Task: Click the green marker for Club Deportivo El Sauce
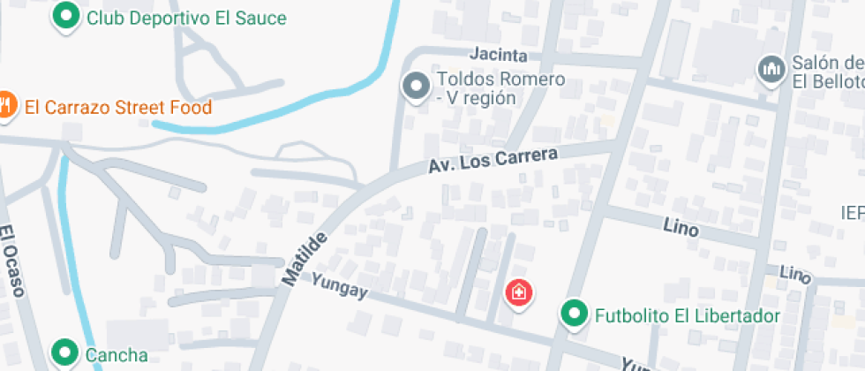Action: pos(64,16)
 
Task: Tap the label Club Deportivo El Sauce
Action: pos(186,18)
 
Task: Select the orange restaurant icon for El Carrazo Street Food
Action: pos(5,105)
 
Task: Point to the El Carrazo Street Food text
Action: pos(118,108)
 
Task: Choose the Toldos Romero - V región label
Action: pos(500,88)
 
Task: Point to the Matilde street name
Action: pos(305,258)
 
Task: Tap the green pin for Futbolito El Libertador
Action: pos(575,314)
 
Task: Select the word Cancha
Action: pos(117,355)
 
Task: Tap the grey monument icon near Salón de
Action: pos(771,69)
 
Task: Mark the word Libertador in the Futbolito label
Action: pos(738,315)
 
